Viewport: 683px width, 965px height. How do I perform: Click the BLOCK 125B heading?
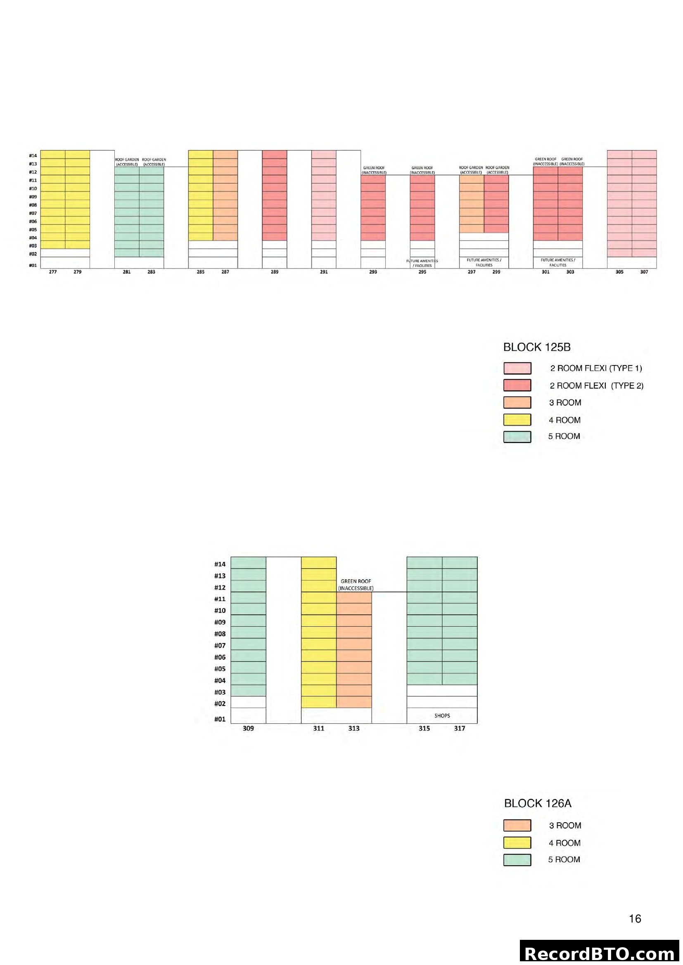537,347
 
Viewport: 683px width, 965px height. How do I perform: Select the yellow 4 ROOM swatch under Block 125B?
517,420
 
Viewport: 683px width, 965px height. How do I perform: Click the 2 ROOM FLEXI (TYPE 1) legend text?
596,368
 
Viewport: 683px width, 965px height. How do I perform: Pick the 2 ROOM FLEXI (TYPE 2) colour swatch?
517,385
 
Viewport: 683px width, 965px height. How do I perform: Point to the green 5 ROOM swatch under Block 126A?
517,859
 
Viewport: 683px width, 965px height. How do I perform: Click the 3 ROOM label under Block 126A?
565,826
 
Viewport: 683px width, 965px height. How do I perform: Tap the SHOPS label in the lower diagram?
442,715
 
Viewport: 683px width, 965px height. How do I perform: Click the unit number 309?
248,728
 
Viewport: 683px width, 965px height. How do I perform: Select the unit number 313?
354,728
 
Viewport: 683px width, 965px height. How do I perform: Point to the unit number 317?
459,728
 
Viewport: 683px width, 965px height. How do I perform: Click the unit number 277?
52,272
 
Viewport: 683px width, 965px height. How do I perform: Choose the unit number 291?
323,272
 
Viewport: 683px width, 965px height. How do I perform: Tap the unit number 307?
644,272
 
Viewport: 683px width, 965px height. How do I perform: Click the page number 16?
635,919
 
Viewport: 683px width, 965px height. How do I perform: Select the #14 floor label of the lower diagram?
220,564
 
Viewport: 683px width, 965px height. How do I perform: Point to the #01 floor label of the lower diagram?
220,719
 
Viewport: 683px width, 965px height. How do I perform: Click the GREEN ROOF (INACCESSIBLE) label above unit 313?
356,585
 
